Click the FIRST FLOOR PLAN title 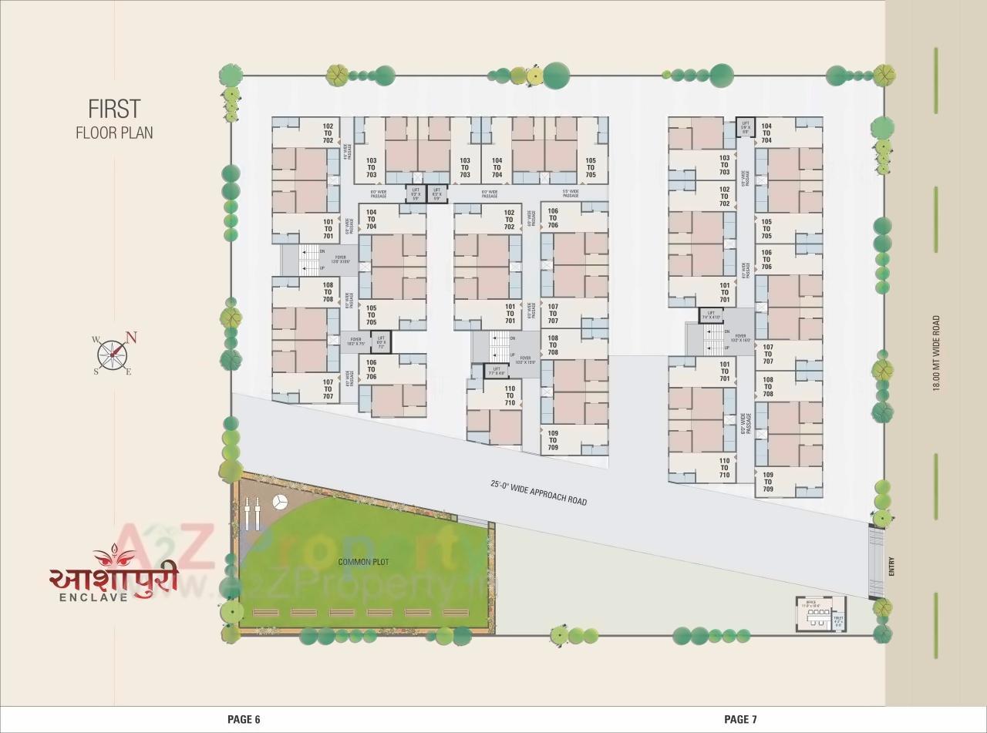tap(114, 119)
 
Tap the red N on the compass tap(131, 337)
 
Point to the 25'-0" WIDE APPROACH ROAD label tap(538, 493)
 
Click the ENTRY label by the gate tap(892, 569)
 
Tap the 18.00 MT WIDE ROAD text tap(936, 353)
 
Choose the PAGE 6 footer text tap(244, 719)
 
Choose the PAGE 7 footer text tap(740, 719)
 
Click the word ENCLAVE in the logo tap(94, 596)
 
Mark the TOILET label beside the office tap(838, 619)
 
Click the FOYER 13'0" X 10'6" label tap(340, 260)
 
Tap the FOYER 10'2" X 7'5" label tap(355, 341)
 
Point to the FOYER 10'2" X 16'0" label tap(740, 338)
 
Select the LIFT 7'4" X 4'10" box tap(711, 315)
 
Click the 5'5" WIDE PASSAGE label tap(571, 193)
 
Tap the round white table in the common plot tap(279, 502)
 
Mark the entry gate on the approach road tap(876, 560)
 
